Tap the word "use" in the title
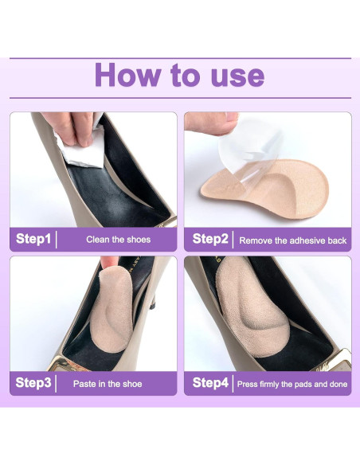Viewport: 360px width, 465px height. (x=237, y=78)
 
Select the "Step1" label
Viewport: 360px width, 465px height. (x=33, y=239)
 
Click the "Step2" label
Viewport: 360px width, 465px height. (x=210, y=239)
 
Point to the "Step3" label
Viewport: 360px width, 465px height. (x=33, y=383)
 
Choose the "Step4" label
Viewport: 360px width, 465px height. (x=210, y=383)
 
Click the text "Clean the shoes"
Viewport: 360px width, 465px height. (x=119, y=240)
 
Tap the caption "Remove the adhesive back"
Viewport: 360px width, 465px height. (x=292, y=240)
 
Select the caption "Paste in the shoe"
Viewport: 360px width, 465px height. (x=108, y=384)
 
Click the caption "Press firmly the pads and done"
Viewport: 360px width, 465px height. (x=292, y=385)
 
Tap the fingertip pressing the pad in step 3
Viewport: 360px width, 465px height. (x=109, y=263)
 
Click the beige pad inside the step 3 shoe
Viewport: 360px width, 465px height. (x=112, y=308)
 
